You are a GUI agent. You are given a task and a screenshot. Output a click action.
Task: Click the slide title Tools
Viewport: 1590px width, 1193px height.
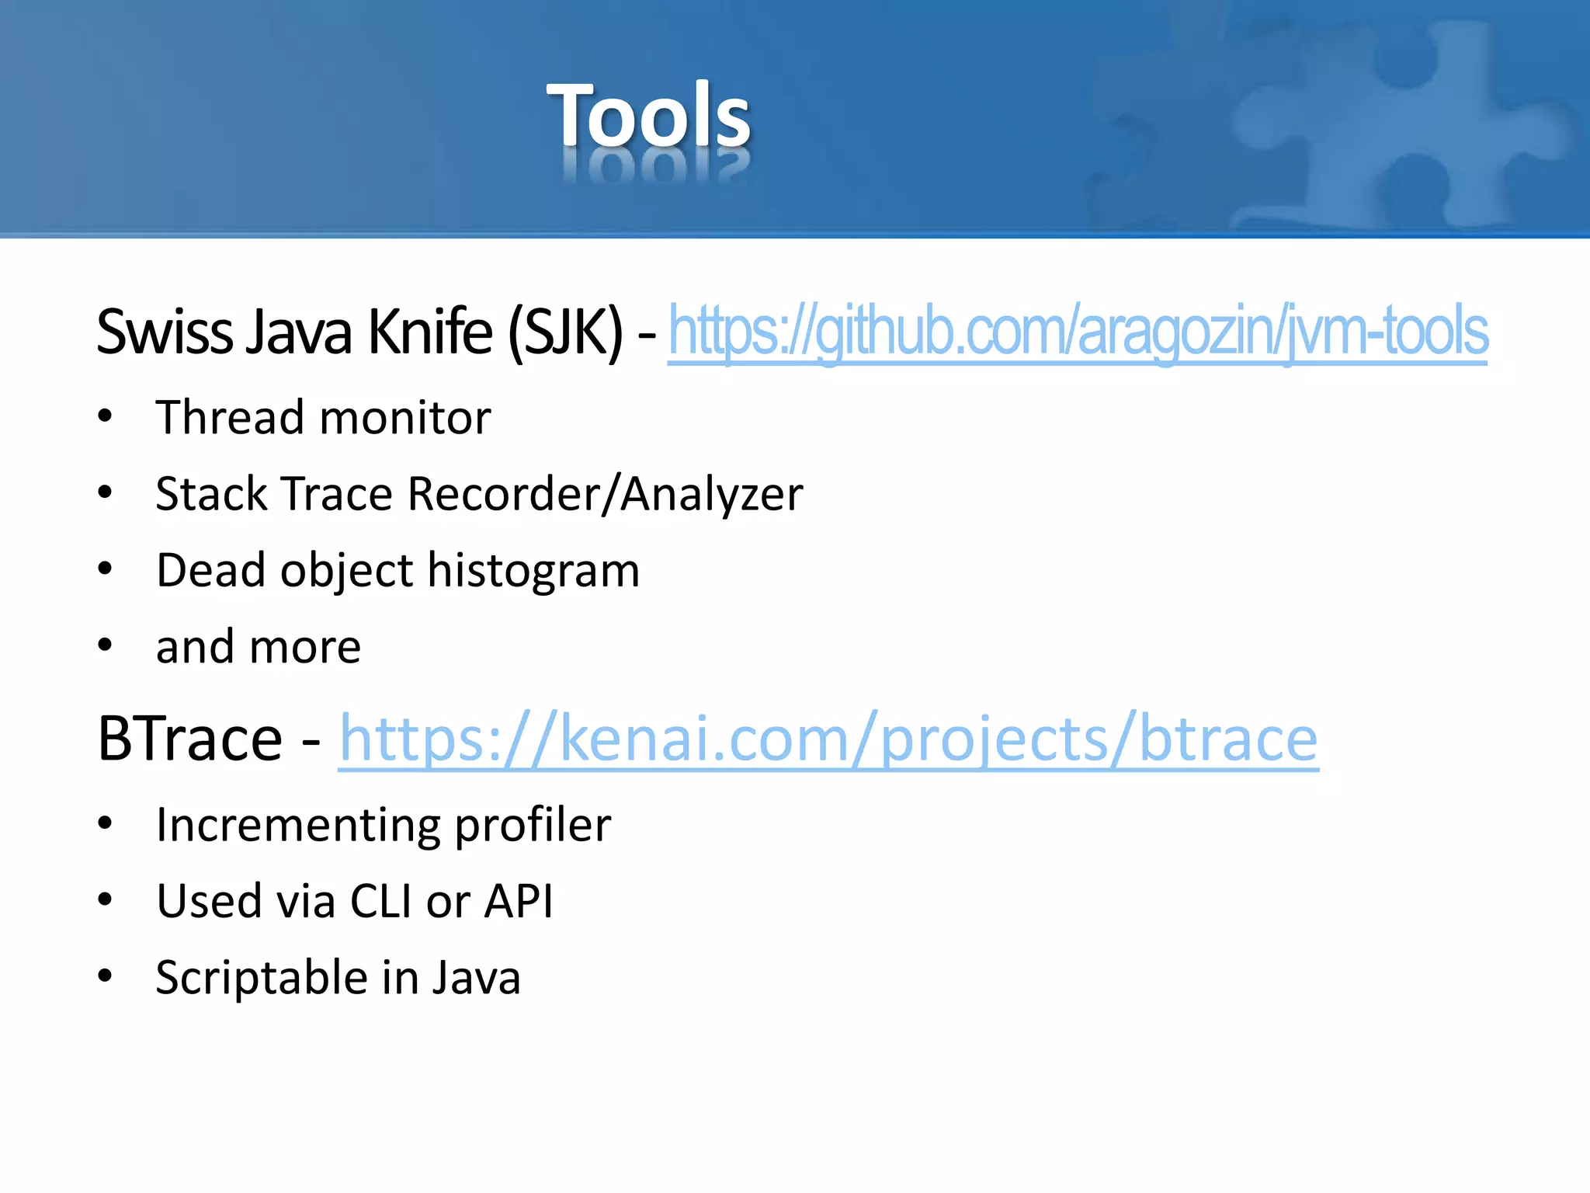pos(648,117)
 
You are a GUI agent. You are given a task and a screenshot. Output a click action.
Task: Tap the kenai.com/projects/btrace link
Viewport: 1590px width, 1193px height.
pos(828,739)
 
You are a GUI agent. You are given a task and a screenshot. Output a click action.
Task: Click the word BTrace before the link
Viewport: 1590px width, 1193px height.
pos(189,739)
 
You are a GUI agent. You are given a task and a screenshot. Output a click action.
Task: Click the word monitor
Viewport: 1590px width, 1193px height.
pos(405,418)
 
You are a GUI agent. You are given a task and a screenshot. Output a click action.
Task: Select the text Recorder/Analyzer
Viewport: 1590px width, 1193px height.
pos(605,494)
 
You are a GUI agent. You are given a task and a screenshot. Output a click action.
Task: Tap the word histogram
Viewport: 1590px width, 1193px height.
pos(533,571)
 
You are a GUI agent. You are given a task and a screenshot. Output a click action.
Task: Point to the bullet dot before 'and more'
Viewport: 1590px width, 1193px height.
pos(106,645)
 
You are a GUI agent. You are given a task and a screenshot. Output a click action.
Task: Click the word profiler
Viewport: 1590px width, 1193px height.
pos(533,825)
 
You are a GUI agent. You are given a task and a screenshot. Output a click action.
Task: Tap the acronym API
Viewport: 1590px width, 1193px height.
pos(519,901)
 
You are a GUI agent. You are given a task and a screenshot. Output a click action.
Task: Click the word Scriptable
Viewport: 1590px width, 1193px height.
pos(259,977)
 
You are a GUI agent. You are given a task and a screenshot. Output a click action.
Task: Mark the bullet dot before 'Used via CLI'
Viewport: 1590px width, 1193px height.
pos(106,899)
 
